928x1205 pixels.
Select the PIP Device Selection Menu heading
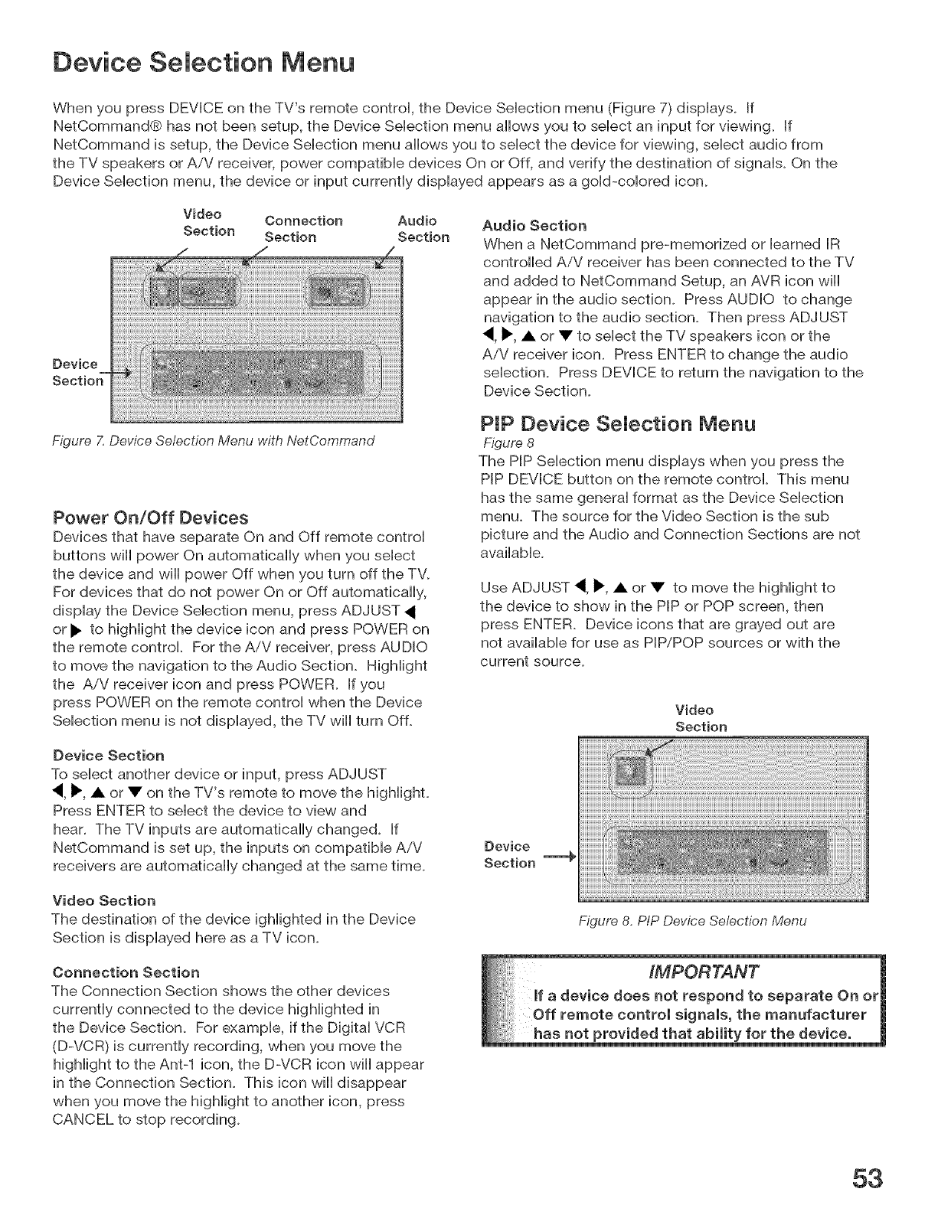click(x=617, y=423)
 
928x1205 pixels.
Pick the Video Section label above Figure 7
click(x=208, y=222)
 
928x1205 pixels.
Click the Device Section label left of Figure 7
click(x=76, y=372)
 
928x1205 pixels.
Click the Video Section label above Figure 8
click(x=701, y=718)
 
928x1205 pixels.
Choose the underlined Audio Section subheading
click(x=534, y=226)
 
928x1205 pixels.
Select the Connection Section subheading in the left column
click(x=126, y=972)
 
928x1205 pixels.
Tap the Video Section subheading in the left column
click(x=103, y=900)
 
